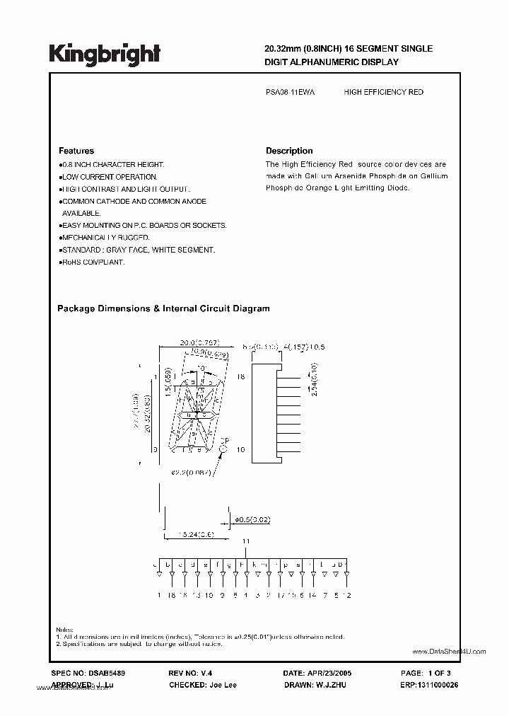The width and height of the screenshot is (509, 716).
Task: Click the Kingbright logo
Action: click(105, 53)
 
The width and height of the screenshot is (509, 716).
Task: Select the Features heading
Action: click(76, 151)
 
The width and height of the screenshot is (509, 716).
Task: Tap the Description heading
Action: click(289, 151)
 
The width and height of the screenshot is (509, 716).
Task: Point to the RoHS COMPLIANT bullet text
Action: click(93, 262)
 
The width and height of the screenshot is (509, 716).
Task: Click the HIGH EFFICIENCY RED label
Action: click(383, 93)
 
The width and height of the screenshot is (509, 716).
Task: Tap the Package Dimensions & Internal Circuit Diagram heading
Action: click(163, 308)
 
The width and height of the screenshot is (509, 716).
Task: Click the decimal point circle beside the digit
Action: click(224, 447)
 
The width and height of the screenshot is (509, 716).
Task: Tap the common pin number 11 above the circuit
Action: click(246, 541)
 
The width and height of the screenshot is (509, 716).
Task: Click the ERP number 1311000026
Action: click(428, 685)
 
